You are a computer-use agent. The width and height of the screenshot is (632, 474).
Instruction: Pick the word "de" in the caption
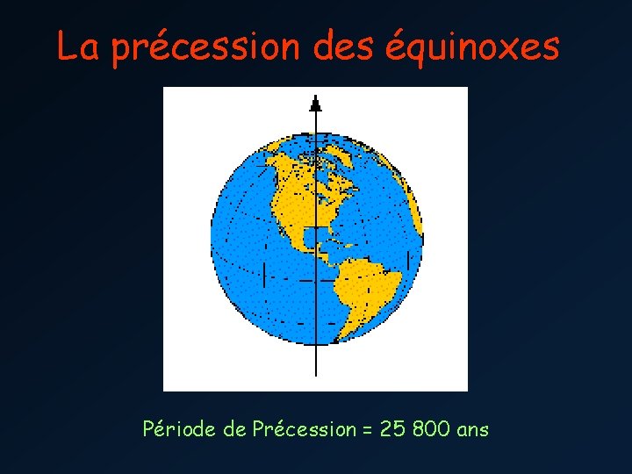[x=235, y=429]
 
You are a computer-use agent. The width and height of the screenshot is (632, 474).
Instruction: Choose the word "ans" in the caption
[x=473, y=430]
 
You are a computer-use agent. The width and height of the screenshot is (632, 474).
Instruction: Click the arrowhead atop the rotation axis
[x=315, y=103]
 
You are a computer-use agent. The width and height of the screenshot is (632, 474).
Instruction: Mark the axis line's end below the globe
[x=315, y=374]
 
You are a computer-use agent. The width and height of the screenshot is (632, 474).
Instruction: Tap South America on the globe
[x=369, y=281]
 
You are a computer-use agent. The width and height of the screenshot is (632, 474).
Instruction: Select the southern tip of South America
[x=345, y=337]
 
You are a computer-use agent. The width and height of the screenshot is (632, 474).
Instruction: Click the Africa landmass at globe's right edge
[x=417, y=228]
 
